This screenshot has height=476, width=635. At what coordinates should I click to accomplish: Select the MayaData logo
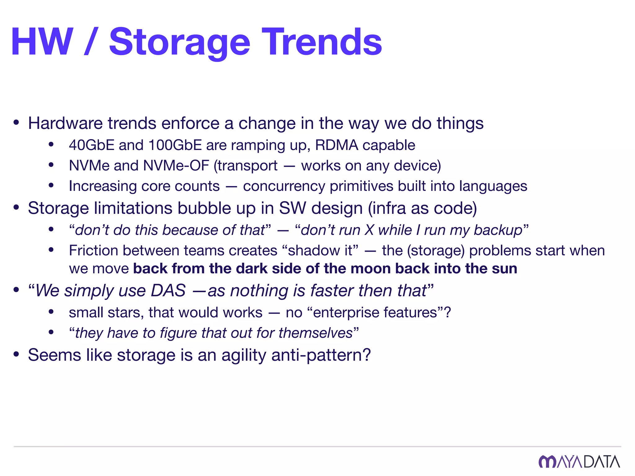pyautogui.click(x=579, y=461)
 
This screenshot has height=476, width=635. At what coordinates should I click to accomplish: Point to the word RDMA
pyautogui.click(x=336, y=145)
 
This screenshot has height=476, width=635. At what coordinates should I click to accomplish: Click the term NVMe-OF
pyautogui.click(x=176, y=165)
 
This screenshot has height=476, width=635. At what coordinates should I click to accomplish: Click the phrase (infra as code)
pyautogui.click(x=422, y=208)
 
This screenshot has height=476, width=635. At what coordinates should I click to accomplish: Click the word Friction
pyautogui.click(x=93, y=250)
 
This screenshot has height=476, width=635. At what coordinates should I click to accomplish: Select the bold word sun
pyautogui.click(x=504, y=268)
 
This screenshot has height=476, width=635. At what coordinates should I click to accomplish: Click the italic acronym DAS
pyautogui.click(x=168, y=291)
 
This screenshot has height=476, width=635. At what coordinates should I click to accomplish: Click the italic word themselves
pyautogui.click(x=315, y=333)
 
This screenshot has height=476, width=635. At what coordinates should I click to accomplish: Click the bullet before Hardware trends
pyautogui.click(x=16, y=123)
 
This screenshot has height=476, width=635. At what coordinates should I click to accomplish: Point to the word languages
pyautogui.click(x=493, y=186)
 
